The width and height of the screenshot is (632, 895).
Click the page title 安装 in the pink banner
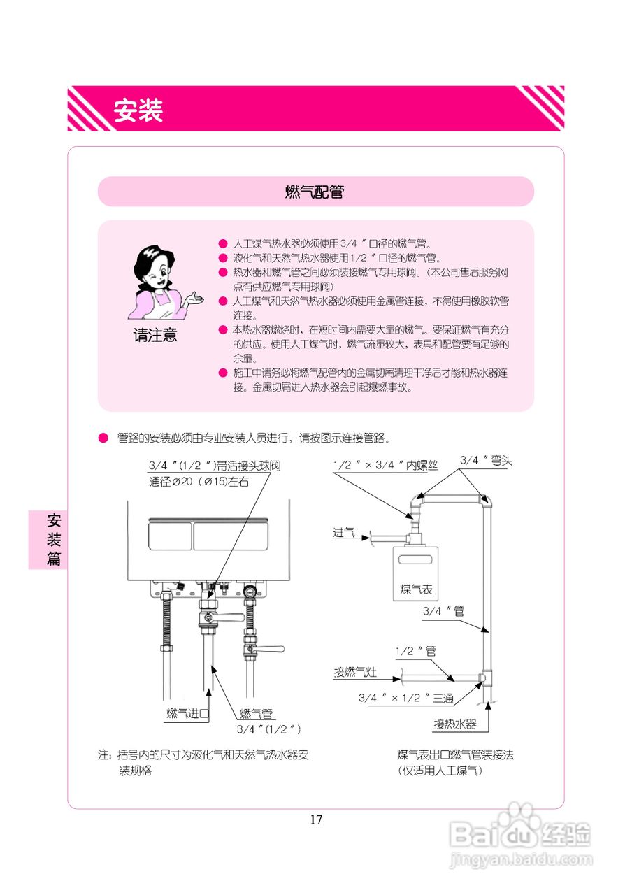click(138, 110)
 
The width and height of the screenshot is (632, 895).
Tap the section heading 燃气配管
click(315, 192)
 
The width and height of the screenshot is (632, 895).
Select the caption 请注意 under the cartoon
click(155, 335)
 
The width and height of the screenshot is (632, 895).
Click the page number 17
click(316, 819)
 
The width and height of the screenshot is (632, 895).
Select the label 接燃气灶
click(355, 673)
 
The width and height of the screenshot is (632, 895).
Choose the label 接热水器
click(454, 724)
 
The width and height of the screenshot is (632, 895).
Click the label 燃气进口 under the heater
click(187, 713)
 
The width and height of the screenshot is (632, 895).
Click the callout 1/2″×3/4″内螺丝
click(385, 465)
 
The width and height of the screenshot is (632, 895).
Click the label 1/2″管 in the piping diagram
click(415, 651)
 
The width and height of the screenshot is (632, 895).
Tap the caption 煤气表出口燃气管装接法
click(456, 756)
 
